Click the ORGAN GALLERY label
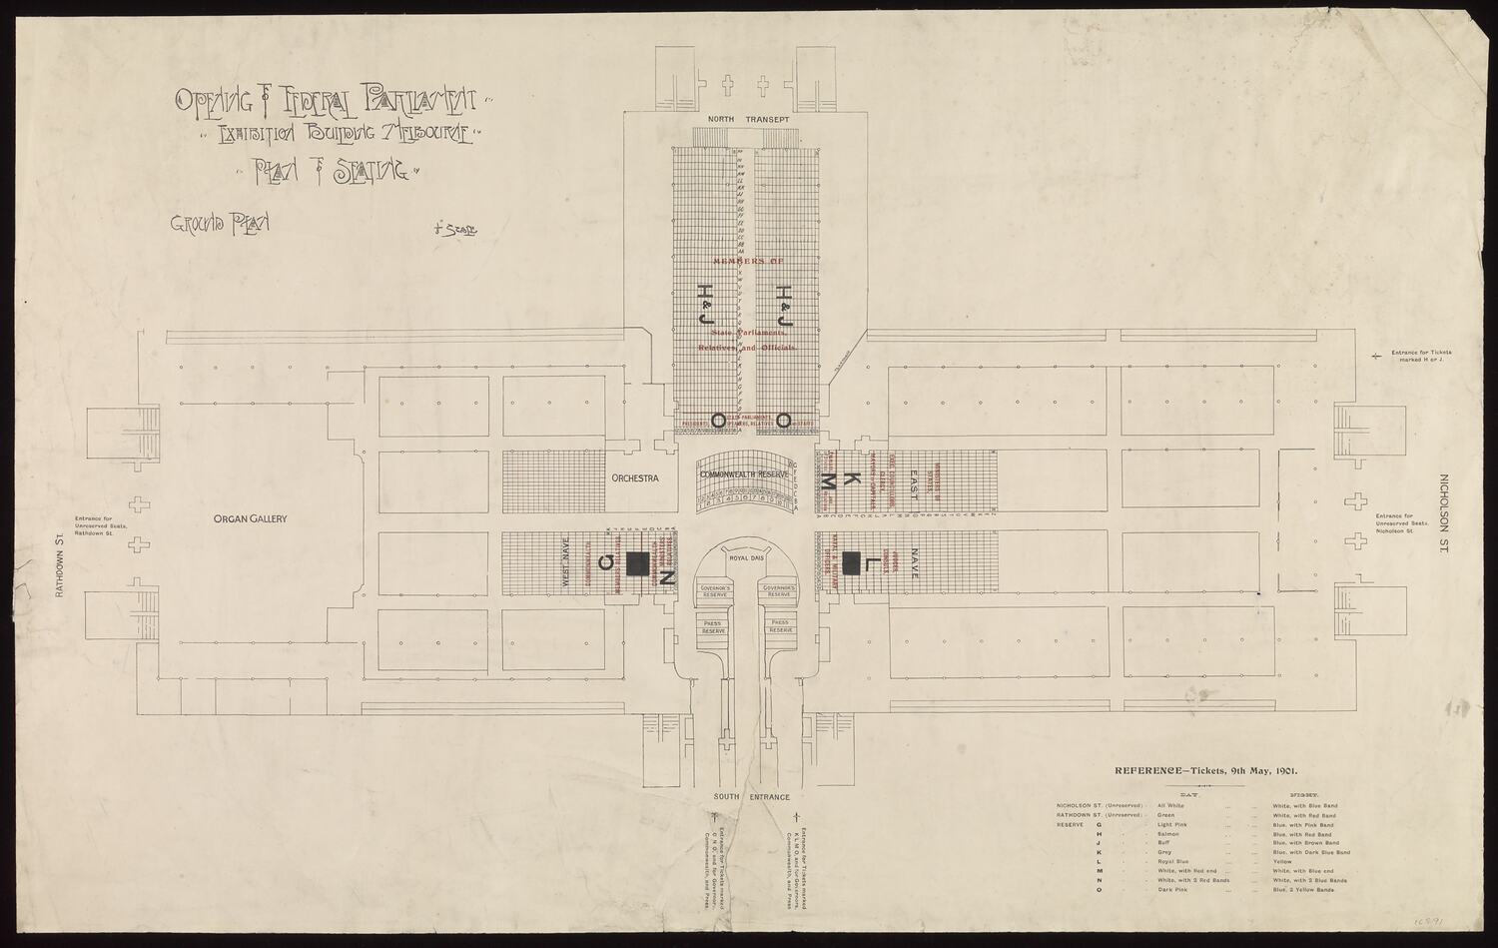[250, 519]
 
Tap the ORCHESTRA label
[635, 478]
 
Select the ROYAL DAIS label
[746, 557]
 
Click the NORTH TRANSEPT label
[749, 120]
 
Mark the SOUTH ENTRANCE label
[751, 797]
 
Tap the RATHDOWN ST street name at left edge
[59, 564]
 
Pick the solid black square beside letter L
[852, 562]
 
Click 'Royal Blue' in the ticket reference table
[1173, 861]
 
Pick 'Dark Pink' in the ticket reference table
[1171, 889]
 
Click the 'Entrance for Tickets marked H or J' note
[1415, 357]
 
